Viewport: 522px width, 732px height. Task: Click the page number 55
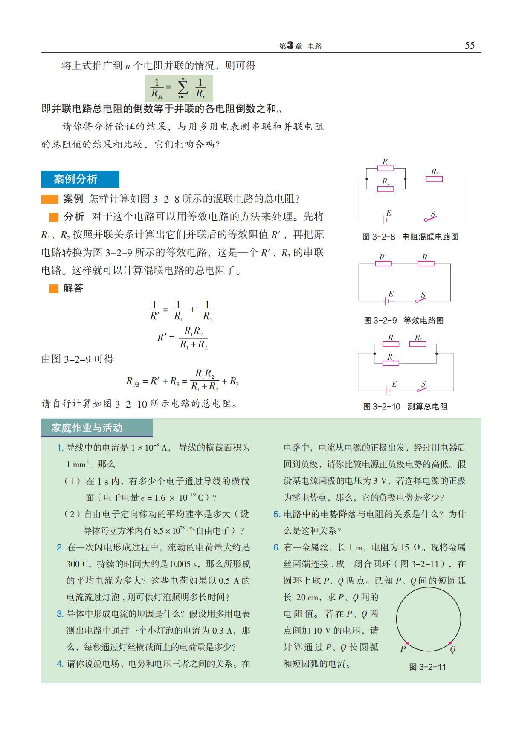469,46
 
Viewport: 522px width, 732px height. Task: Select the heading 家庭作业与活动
87,428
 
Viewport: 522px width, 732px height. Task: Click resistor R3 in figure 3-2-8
434,179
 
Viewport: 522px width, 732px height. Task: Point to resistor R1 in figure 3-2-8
386,168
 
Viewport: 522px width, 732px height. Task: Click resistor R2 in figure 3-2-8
386,188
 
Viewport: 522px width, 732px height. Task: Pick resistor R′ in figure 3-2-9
383,264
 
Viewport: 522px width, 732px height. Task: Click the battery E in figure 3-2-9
386,301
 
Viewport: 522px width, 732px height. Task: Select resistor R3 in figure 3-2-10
391,363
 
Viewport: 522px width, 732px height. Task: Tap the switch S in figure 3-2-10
422,389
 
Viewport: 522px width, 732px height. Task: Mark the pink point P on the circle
407,643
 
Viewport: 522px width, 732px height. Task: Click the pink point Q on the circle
450,643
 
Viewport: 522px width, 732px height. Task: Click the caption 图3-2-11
427,667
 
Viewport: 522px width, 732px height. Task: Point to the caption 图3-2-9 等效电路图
403,320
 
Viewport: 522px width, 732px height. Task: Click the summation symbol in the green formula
183,87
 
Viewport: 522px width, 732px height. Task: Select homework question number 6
276,547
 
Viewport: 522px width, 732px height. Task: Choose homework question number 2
60,547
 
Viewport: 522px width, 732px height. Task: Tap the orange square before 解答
54,289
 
